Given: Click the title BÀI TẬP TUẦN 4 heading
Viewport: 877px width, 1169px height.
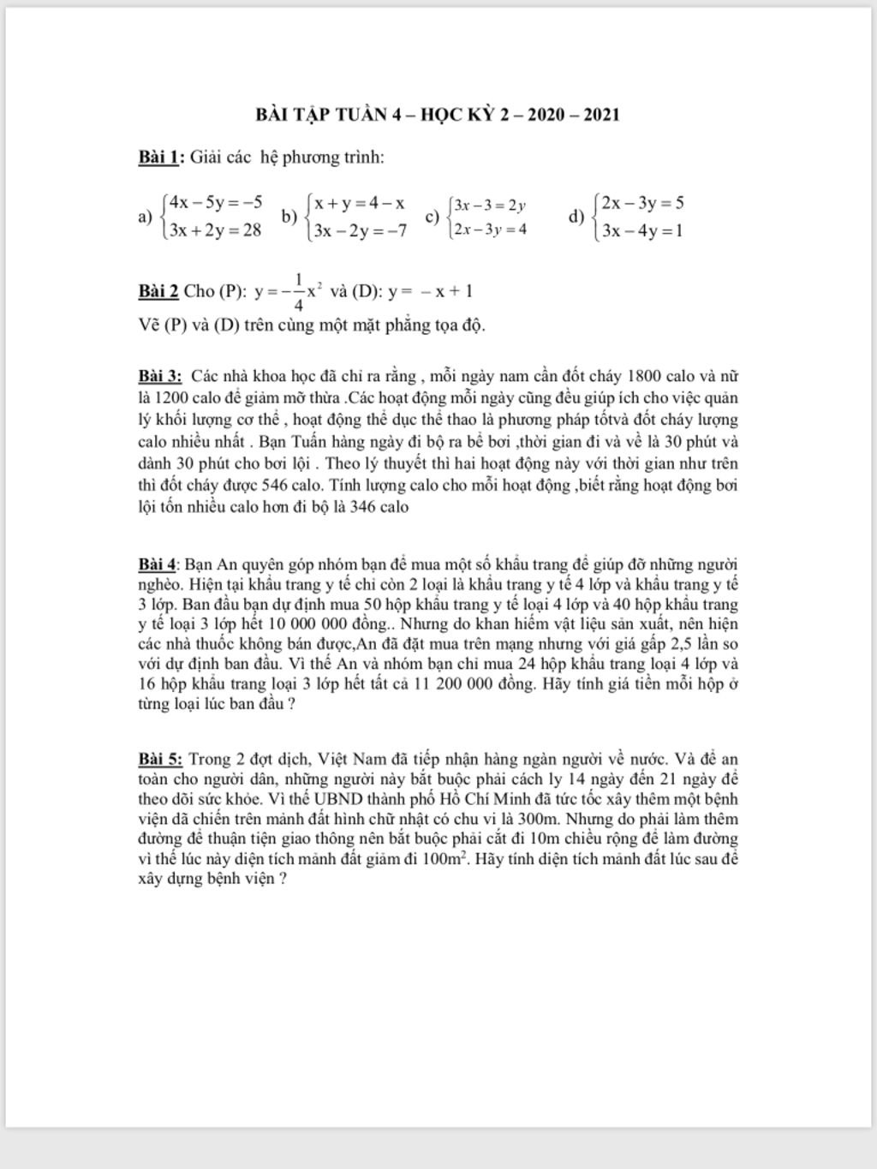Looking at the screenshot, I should [438, 115].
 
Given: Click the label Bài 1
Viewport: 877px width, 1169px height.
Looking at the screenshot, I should [159, 158].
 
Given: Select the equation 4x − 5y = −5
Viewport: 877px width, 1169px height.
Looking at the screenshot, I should [215, 203].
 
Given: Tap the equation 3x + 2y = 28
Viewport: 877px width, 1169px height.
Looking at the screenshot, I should [215, 230].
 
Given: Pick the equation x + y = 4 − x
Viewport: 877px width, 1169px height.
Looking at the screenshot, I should [359, 203].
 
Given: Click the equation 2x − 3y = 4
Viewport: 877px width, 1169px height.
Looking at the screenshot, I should [490, 230].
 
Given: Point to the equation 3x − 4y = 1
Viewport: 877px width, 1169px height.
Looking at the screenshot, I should [641, 230].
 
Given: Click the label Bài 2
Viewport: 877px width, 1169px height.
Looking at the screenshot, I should [158, 291].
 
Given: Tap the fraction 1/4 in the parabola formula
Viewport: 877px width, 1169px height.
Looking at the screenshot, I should [298, 291].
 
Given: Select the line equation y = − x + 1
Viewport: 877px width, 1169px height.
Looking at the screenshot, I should [430, 291].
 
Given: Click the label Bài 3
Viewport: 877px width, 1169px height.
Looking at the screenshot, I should [160, 377].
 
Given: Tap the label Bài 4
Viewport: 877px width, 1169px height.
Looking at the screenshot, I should [158, 565].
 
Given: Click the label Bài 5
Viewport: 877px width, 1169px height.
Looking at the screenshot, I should [160, 760].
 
